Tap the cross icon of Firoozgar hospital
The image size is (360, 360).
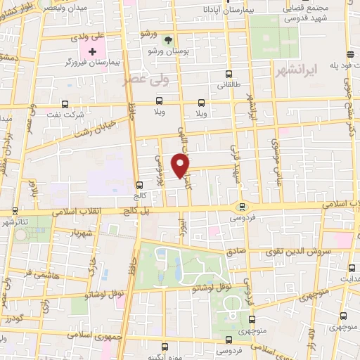point(91,51)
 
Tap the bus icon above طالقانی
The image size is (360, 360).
point(227,75)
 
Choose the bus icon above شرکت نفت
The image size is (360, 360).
point(65,103)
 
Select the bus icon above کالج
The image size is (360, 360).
point(139,186)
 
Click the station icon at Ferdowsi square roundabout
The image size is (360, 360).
point(242,207)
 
